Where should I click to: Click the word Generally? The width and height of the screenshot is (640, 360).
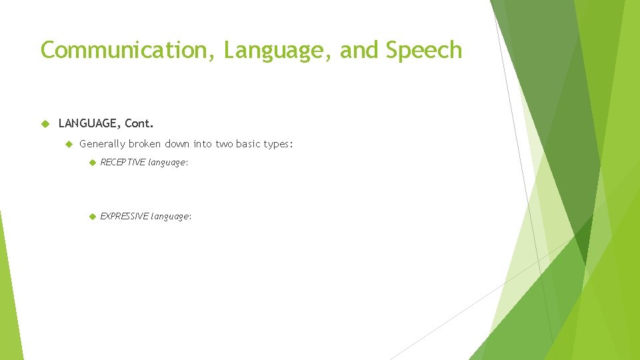click(x=102, y=143)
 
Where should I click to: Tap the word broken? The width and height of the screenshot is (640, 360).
click(x=145, y=143)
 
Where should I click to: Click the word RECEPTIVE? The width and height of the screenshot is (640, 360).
click(x=122, y=162)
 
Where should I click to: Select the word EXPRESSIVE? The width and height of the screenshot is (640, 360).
click(x=124, y=216)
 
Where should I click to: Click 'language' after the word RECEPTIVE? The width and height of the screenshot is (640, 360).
click(x=168, y=163)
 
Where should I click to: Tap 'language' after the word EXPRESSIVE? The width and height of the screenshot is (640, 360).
click(x=171, y=217)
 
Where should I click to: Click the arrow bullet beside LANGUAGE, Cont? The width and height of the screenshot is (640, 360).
click(x=45, y=123)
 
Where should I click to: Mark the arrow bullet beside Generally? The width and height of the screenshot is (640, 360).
click(x=67, y=143)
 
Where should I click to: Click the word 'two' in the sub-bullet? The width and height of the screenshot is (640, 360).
click(x=223, y=143)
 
